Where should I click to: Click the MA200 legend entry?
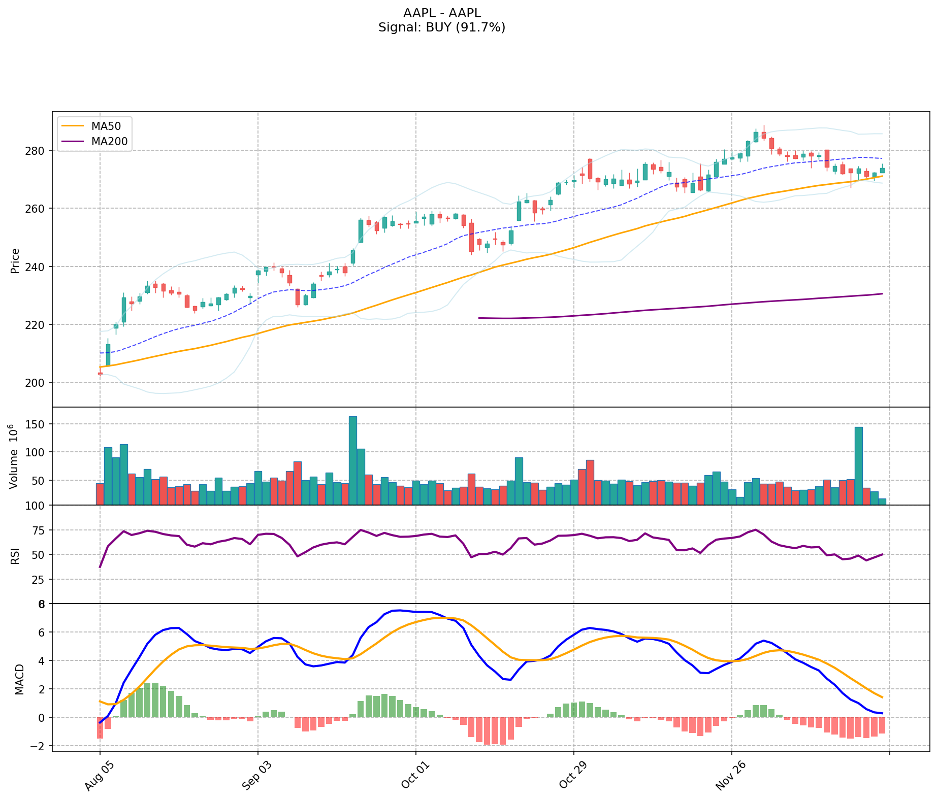109,142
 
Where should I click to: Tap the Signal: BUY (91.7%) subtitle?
441,27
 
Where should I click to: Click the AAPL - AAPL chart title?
441,13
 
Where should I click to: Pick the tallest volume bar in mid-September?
353,460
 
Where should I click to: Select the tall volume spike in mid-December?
858,465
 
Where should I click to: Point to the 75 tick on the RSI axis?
40,530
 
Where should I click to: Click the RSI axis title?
15,555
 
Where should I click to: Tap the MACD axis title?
19,679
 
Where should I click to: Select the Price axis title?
15,260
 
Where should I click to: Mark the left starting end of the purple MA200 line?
479,318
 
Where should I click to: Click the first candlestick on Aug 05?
100,374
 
